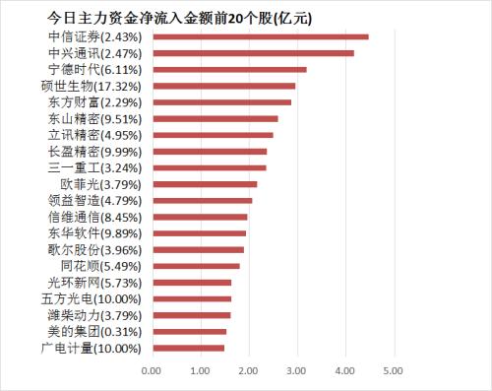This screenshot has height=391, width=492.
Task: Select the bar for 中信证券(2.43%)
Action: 260,37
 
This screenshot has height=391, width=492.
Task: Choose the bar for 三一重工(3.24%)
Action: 209,167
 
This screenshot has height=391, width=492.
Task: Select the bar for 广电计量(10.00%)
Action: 188,348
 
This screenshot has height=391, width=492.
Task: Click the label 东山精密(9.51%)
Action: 100,118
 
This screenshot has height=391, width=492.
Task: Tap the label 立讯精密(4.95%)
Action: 100,135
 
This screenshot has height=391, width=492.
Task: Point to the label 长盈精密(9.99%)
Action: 100,152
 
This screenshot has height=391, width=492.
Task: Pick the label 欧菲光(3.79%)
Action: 107,184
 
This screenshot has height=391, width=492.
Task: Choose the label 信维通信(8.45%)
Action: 100,217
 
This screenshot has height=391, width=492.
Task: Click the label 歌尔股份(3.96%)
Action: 100,249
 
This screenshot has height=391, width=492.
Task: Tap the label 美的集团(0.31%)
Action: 100,331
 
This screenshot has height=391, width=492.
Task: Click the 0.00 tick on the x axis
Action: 152,370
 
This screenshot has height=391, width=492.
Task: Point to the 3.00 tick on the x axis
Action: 296,370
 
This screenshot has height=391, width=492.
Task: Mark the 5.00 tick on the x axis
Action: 393,370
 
